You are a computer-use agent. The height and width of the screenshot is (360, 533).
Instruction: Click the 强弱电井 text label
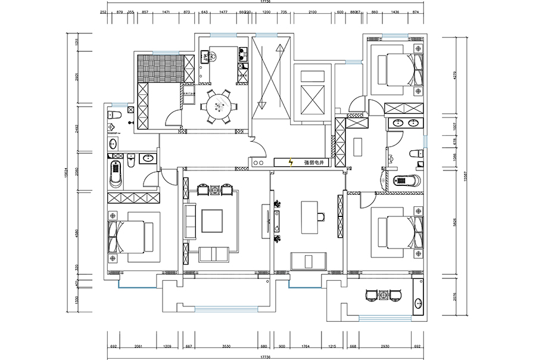(313, 162)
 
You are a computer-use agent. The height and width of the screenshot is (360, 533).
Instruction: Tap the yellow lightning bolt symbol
(291, 162)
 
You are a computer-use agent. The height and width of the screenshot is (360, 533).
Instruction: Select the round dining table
(218, 106)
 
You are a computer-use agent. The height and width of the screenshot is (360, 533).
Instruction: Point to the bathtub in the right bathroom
(405, 179)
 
